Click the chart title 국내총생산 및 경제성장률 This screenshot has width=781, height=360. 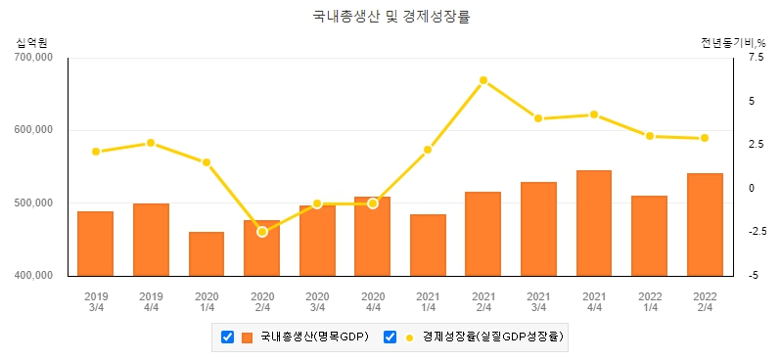pyautogui.click(x=390, y=18)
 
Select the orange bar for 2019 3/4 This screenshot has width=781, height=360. pyautogui.click(x=96, y=244)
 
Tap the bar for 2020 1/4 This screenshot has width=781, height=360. pyautogui.click(x=207, y=253)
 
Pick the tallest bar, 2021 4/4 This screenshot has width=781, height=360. pyautogui.click(x=594, y=223)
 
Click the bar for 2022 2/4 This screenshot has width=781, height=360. pyautogui.click(x=705, y=224)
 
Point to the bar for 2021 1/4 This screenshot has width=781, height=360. pyautogui.click(x=428, y=245)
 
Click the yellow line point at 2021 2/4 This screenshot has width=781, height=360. pyautogui.click(x=483, y=80)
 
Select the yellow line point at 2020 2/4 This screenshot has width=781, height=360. pyautogui.click(x=262, y=232)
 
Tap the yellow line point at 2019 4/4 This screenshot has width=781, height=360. pyautogui.click(x=151, y=143)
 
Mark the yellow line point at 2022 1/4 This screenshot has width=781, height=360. pyautogui.click(x=649, y=136)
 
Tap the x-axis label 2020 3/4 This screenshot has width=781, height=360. pyautogui.click(x=317, y=300)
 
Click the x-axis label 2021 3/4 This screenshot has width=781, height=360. pyautogui.click(x=538, y=300)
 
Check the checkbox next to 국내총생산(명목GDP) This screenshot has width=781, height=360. pyautogui.click(x=227, y=337)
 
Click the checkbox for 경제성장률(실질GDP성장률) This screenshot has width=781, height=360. pyautogui.click(x=390, y=337)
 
